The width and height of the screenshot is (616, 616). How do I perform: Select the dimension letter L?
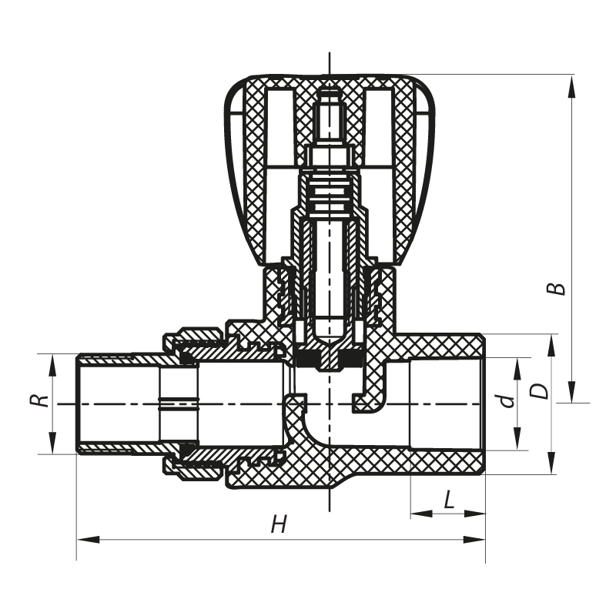tap(450, 500)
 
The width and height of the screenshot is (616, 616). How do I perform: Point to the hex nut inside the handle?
tap(330, 157)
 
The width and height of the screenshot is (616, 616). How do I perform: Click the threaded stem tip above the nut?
tap(330, 115)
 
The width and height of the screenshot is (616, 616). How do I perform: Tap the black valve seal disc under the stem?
tap(330, 360)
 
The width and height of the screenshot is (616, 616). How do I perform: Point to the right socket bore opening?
tap(447, 403)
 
